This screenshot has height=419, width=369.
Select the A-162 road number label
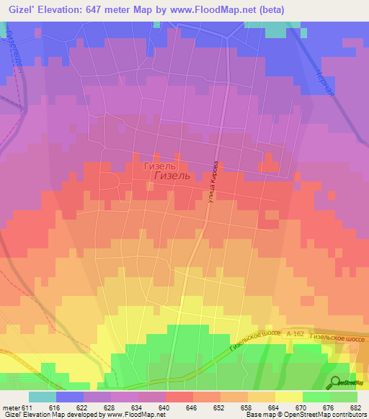coord(294,334)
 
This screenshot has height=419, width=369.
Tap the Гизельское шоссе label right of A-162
coord(336,336)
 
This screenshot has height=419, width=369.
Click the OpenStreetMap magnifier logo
coord(335,382)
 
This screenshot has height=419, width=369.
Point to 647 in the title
coord(112,10)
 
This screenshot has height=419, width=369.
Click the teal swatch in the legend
coord(43,397)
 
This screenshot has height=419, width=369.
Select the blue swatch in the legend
coord(70,397)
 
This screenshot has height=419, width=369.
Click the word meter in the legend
coord(11,408)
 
